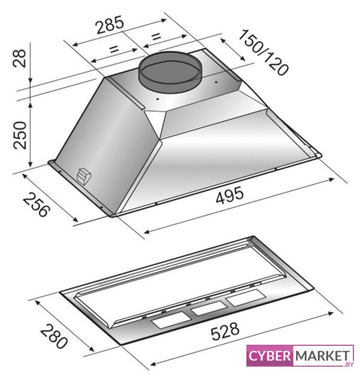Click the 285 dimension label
pyautogui.click(x=110, y=25)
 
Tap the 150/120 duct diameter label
pyautogui.click(x=263, y=52)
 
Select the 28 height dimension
pyautogui.click(x=19, y=58)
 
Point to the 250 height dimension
pyautogui.click(x=20, y=135)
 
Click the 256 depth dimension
pyautogui.click(x=36, y=204)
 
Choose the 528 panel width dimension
pyautogui.click(x=225, y=331)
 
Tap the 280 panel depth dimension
pyautogui.click(x=53, y=336)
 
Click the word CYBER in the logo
pyautogui.click(x=270, y=356)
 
